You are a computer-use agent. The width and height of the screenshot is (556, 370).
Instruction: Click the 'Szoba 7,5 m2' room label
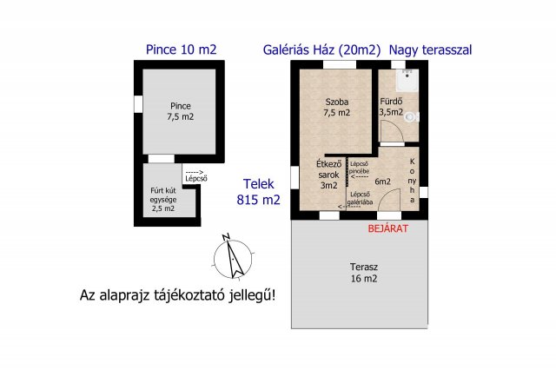click(336, 106)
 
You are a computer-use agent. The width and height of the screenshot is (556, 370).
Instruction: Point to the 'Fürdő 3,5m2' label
click(391, 106)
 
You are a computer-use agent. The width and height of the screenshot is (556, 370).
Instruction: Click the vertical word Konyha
click(413, 181)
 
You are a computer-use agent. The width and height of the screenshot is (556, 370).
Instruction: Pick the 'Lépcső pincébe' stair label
click(361, 168)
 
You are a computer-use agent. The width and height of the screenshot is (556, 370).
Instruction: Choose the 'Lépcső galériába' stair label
click(361, 198)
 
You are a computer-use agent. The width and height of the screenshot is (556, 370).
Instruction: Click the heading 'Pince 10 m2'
click(180, 50)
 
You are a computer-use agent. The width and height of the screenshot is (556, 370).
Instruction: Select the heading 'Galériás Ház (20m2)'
click(321, 50)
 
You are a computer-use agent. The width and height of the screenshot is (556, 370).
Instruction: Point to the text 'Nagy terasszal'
click(430, 50)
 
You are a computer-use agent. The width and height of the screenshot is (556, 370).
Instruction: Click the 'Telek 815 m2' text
click(259, 192)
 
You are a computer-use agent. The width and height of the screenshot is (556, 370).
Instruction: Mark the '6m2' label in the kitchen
click(383, 182)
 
